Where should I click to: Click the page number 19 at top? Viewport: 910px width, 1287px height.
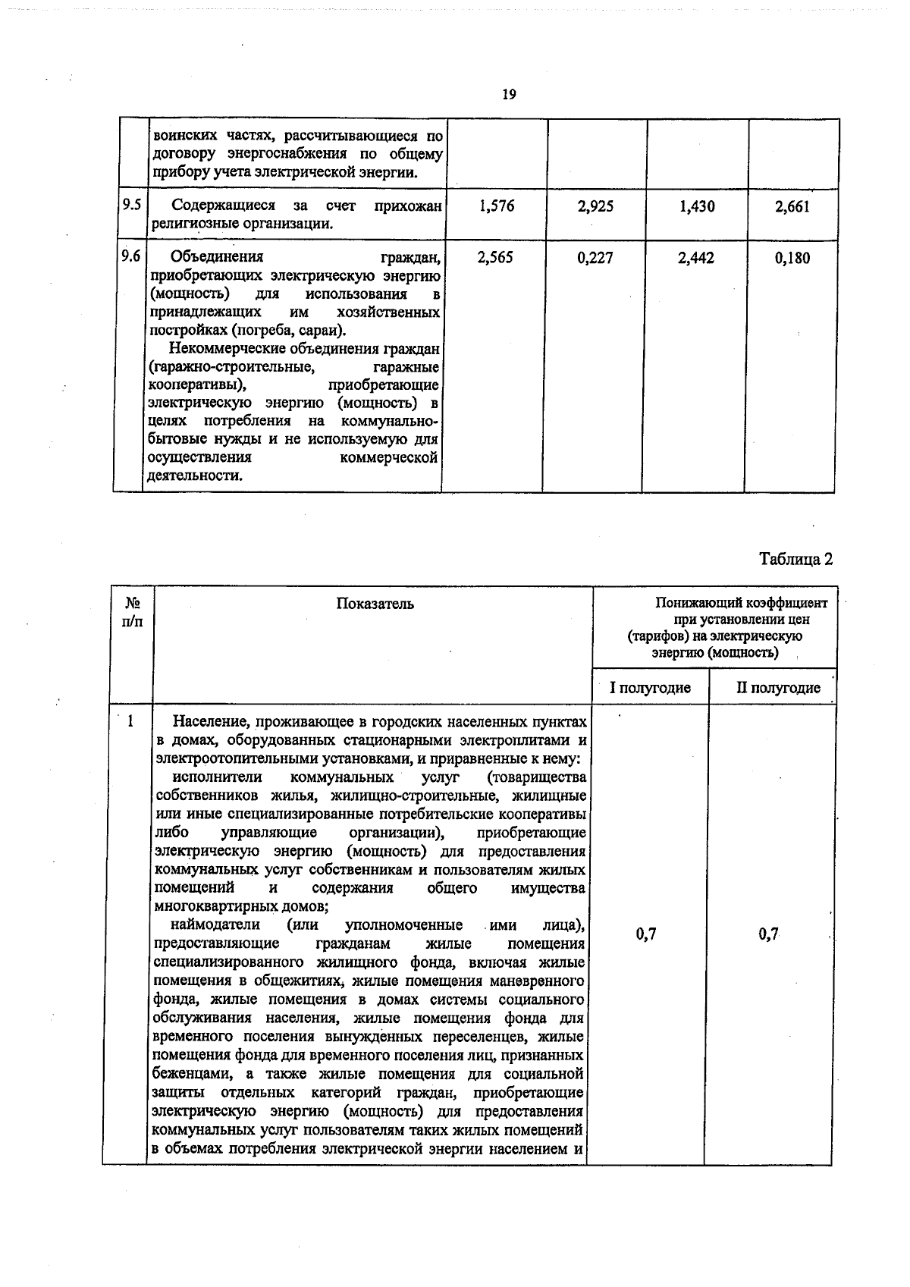tap(509, 95)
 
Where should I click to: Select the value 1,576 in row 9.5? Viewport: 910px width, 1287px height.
tap(497, 206)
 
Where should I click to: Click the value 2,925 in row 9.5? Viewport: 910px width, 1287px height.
tap(596, 206)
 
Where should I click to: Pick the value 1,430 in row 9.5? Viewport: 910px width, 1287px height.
tap(696, 206)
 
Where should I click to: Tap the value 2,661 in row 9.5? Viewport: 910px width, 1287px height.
tap(792, 206)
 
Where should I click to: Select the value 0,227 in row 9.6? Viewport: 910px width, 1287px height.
tap(595, 258)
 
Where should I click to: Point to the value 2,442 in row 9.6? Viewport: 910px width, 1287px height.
tap(695, 258)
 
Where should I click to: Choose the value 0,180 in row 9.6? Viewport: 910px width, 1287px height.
tap(792, 258)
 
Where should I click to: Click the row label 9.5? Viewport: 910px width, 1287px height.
tap(131, 205)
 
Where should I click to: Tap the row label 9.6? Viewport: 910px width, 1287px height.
tap(130, 256)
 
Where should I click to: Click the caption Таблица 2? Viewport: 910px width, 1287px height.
tap(796, 559)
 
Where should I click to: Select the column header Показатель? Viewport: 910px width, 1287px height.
tap(375, 604)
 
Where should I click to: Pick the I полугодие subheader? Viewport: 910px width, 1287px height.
tap(651, 688)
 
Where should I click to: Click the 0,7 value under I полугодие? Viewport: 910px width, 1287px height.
tap(646, 934)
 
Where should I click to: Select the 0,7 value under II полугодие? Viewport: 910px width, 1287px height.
tap(769, 934)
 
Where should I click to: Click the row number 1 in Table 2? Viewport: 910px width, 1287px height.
tap(130, 721)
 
